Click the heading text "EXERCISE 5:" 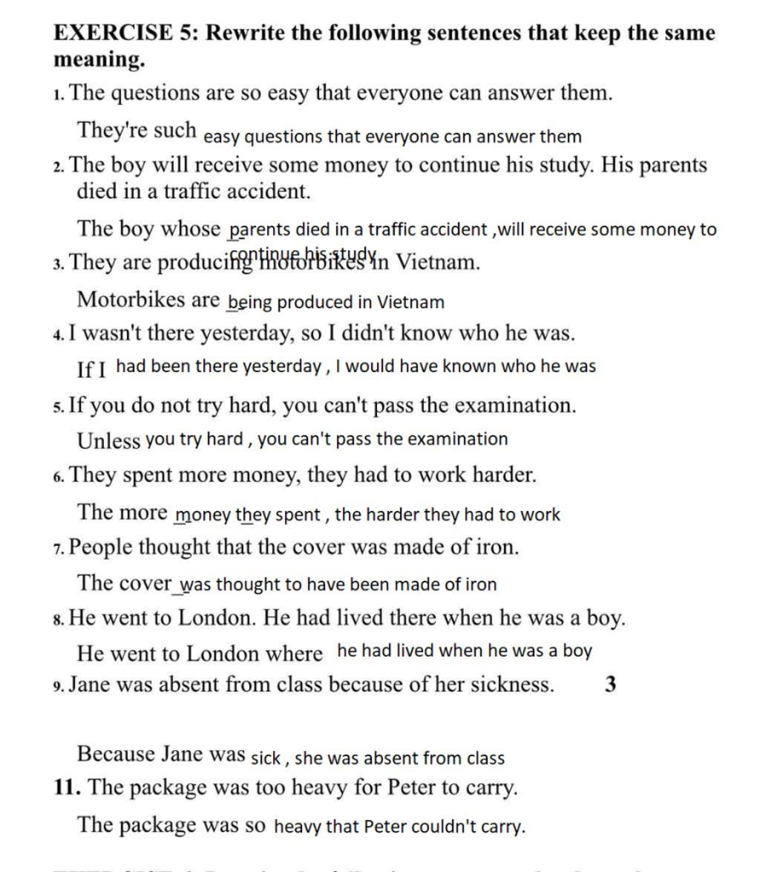(x=125, y=33)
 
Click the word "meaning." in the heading (x=99, y=60)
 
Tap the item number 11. (x=66, y=787)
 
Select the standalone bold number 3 (x=610, y=684)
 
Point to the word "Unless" (x=108, y=440)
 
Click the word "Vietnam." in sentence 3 (x=438, y=262)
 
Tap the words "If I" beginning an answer (x=92, y=369)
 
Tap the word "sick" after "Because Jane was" (x=266, y=758)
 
